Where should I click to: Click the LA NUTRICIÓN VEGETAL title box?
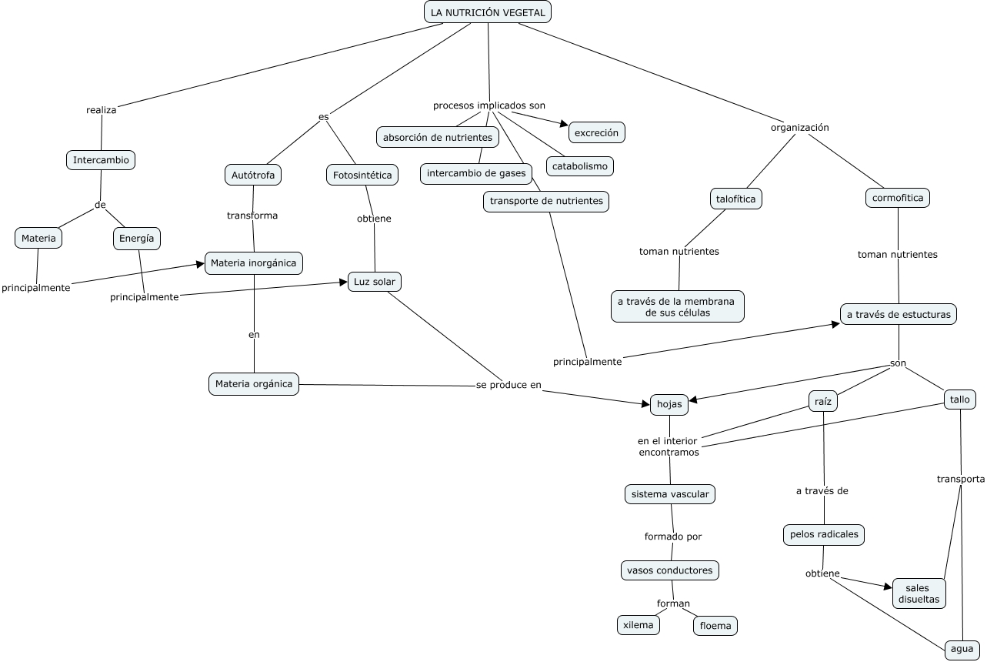[x=487, y=12]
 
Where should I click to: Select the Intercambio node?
[x=101, y=160]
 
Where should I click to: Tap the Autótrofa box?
[x=253, y=175]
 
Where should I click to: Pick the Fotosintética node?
[x=362, y=175]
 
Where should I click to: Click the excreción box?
[x=597, y=132]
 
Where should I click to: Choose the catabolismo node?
[x=580, y=166]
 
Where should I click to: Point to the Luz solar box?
[x=375, y=282]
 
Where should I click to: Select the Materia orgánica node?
[x=254, y=384]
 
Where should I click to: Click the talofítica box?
[x=736, y=199]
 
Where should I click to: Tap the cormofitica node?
[x=898, y=198]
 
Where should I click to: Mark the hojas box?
[x=669, y=404]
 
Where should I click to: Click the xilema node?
[x=639, y=625]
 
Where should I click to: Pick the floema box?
[x=715, y=626]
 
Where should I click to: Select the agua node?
[x=962, y=649]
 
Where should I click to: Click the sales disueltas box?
[x=919, y=593]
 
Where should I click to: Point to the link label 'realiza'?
[x=102, y=110]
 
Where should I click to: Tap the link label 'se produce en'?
[x=509, y=385]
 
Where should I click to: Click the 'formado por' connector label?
[x=673, y=537]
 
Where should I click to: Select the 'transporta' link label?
[x=961, y=479]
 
